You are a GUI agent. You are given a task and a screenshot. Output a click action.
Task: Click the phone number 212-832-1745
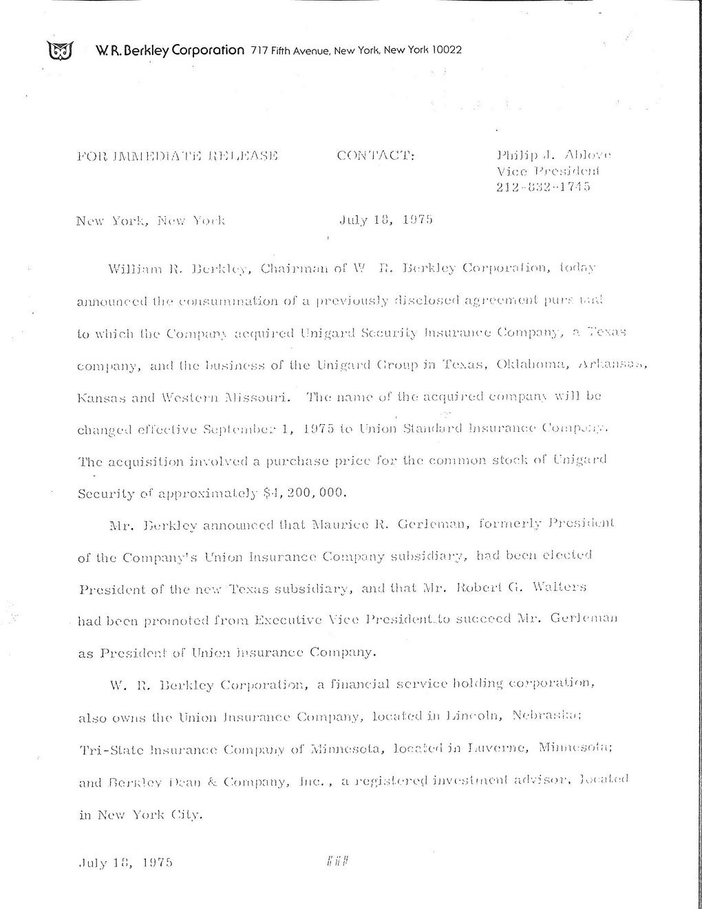coord(543,186)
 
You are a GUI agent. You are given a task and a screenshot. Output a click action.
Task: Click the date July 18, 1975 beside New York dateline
coord(385,221)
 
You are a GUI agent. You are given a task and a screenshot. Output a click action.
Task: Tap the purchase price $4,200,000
coord(301,492)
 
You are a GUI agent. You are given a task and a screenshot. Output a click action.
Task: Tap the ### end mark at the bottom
coord(334,861)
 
